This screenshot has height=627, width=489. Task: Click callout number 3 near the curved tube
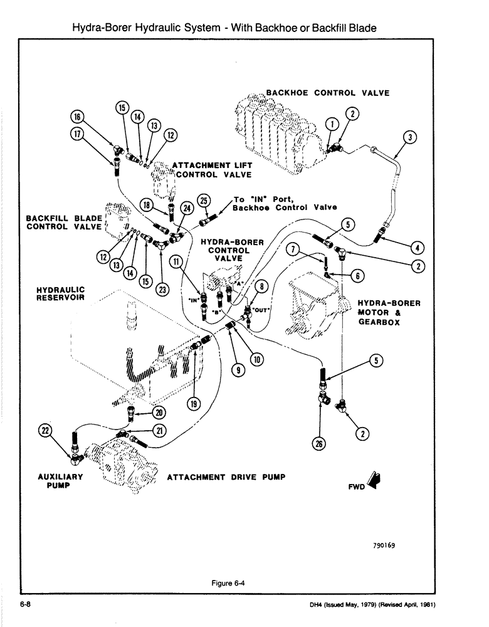[408, 137]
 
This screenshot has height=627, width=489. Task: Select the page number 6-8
[25, 604]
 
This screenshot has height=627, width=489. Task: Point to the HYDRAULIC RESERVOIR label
[61, 293]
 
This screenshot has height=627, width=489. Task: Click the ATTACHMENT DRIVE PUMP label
[226, 477]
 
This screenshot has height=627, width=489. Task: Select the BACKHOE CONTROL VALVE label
[327, 93]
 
